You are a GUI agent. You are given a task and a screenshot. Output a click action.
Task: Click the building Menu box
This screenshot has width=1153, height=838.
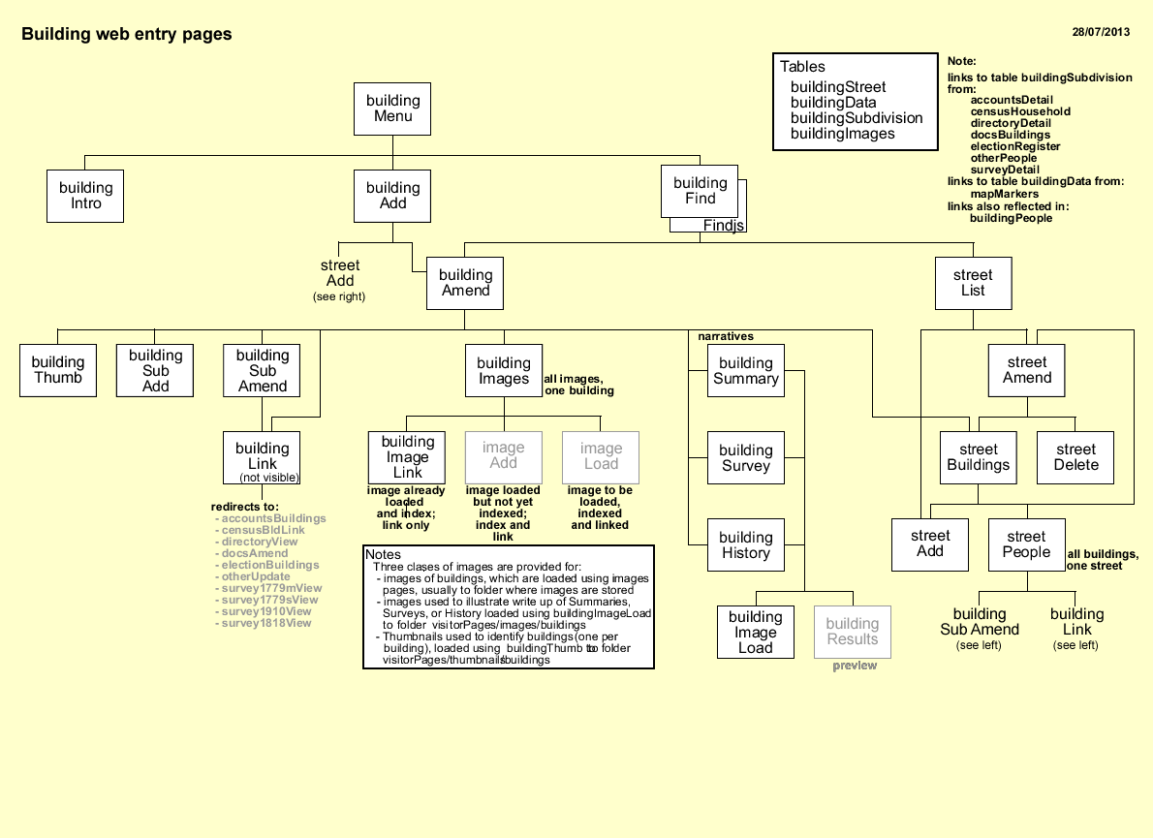click(392, 109)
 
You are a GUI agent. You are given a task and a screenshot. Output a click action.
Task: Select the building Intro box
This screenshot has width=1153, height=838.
click(85, 196)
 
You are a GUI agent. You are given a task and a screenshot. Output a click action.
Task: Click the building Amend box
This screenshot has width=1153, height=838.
click(465, 283)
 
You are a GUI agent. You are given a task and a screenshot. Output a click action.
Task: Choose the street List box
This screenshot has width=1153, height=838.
click(973, 283)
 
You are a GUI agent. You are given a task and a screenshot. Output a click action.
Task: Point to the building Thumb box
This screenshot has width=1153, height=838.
click(58, 370)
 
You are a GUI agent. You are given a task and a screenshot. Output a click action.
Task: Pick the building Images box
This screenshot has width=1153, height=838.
click(504, 371)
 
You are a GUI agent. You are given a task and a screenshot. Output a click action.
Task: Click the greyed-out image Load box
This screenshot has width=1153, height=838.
click(601, 456)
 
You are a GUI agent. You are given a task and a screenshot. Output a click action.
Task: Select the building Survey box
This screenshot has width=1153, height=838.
click(745, 457)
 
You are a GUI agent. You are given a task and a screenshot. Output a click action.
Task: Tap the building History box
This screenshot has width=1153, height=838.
click(745, 545)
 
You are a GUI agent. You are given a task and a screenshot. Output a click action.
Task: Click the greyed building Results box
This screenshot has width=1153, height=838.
click(852, 632)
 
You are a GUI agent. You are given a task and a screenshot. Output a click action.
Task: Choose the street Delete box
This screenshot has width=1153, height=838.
click(1075, 456)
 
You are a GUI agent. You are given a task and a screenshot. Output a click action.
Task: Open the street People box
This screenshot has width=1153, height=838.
click(1026, 544)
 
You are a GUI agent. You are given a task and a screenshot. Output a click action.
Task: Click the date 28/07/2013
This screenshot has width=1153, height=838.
click(1101, 32)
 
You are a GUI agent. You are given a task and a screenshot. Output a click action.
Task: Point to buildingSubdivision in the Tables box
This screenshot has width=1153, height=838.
click(857, 118)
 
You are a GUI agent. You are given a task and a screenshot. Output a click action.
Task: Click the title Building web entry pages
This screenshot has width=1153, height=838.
click(127, 35)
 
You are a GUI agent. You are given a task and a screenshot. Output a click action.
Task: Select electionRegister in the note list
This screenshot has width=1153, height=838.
click(1015, 146)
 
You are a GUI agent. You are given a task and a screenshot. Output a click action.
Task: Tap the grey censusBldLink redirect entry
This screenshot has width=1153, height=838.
click(263, 530)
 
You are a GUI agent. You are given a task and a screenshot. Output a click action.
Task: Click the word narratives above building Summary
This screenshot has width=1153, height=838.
click(726, 336)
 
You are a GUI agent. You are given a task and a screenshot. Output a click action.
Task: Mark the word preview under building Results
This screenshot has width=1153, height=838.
click(855, 666)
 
